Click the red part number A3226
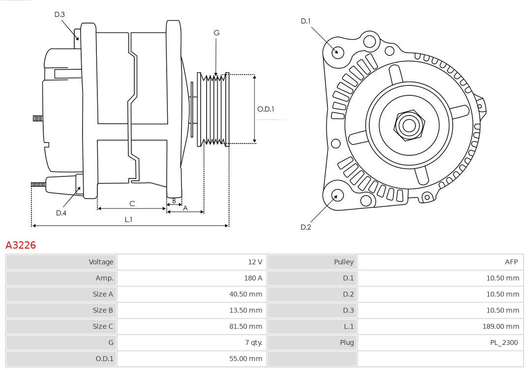click(21, 245)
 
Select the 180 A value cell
click(253, 278)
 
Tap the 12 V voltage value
click(255, 262)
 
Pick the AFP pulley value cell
click(511, 262)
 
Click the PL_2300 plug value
click(504, 342)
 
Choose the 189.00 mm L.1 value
click(501, 326)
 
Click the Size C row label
click(103, 326)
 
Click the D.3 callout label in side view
click(59, 15)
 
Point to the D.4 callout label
click(61, 213)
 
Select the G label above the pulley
click(216, 33)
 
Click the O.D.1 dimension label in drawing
click(265, 109)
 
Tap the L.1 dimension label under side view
click(128, 220)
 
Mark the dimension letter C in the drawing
click(132, 203)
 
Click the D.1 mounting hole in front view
click(337, 52)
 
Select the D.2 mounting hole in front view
click(337, 196)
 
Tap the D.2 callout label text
click(306, 227)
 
